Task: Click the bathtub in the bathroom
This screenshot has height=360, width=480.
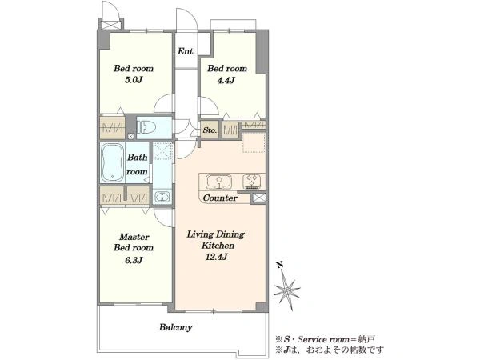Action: tap(113, 162)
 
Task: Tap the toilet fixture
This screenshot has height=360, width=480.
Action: tap(146, 127)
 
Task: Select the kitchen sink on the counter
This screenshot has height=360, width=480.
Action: tap(218, 182)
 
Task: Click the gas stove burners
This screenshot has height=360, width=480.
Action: tap(252, 182)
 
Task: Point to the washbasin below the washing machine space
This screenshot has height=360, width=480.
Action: tap(162, 197)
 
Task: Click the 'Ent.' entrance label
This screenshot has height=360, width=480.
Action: tap(186, 51)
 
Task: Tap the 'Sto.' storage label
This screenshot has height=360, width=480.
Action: tap(210, 130)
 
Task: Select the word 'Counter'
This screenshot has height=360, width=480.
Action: tap(220, 198)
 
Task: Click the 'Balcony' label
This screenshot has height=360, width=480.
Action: tap(175, 327)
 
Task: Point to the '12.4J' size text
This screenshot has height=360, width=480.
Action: tap(217, 257)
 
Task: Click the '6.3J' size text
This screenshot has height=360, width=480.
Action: tap(134, 260)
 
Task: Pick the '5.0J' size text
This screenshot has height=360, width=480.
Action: tap(134, 80)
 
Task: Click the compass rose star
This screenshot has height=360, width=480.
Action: tap(287, 290)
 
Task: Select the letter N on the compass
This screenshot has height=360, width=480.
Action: tap(279, 265)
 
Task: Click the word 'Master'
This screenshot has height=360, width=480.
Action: tap(134, 237)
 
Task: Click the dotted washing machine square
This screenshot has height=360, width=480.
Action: tap(162, 150)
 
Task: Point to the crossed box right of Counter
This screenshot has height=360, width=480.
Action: tap(258, 198)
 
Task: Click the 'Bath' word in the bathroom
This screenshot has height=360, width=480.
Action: tap(137, 157)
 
